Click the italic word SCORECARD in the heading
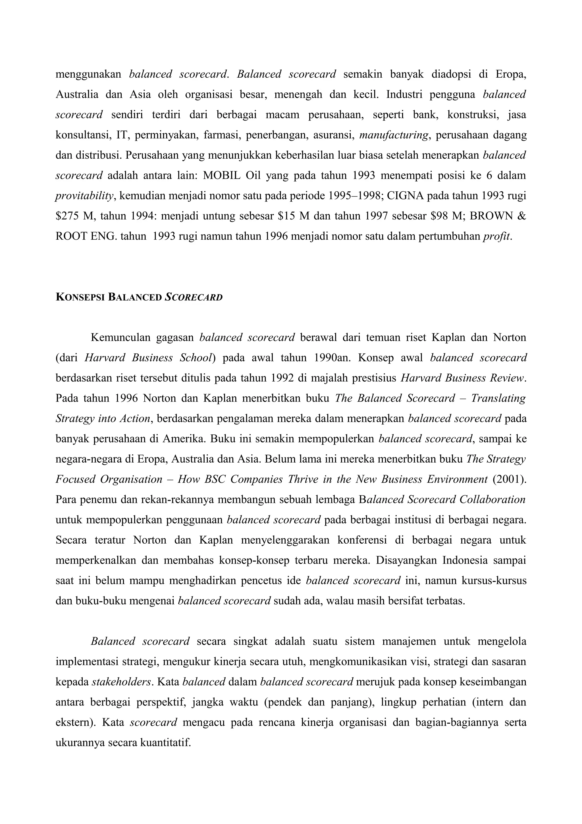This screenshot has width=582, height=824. (194, 297)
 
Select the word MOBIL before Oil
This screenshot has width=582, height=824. (222, 175)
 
